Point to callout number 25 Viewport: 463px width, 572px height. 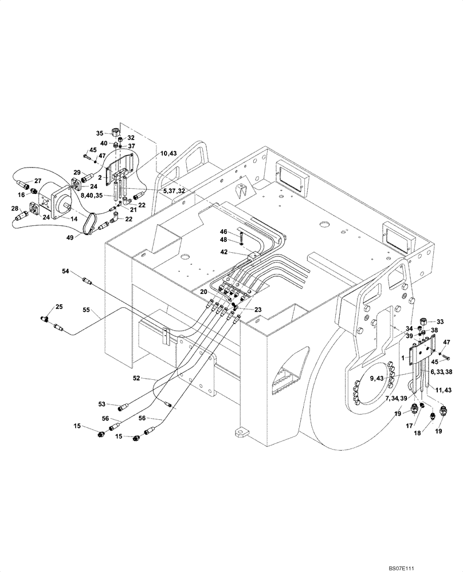[58, 308]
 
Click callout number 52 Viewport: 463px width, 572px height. [136, 379]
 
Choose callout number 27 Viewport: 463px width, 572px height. [30, 181]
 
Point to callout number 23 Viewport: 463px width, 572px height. [258, 309]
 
